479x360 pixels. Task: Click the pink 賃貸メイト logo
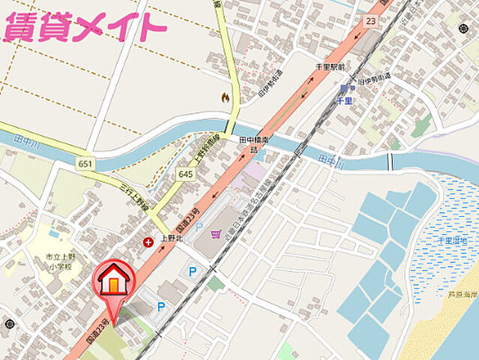(x=84, y=27)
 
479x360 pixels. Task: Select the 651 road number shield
(x=85, y=163)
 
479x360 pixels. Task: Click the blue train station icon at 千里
(x=344, y=88)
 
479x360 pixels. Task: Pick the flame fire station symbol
(x=225, y=97)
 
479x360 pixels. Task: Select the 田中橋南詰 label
(x=253, y=145)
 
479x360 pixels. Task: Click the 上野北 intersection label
(x=173, y=241)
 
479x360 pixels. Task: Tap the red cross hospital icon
(x=148, y=241)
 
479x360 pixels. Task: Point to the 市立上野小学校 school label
(x=57, y=262)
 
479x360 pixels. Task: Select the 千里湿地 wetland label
(x=453, y=240)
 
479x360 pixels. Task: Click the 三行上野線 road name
(x=136, y=197)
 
